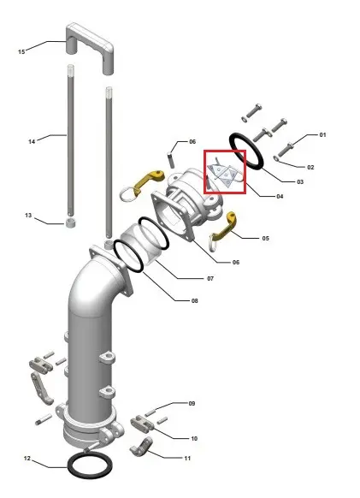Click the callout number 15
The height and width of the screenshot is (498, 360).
[21, 51]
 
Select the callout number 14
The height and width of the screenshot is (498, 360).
[32, 141]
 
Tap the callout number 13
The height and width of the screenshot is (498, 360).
[28, 216]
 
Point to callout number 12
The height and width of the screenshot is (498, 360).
[27, 459]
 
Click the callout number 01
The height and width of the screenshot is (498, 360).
[322, 134]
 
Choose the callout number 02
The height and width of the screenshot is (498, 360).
[310, 167]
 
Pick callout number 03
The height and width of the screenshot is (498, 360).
[300, 181]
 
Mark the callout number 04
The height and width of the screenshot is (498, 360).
[280, 196]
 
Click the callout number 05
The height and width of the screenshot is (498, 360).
[266, 238]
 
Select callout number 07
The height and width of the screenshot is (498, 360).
[210, 279]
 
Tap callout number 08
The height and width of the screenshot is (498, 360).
[195, 300]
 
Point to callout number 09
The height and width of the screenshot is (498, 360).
[192, 403]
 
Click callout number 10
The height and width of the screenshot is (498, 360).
[194, 439]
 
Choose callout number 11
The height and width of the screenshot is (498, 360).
[187, 459]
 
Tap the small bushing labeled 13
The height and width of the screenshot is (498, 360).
[71, 222]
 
